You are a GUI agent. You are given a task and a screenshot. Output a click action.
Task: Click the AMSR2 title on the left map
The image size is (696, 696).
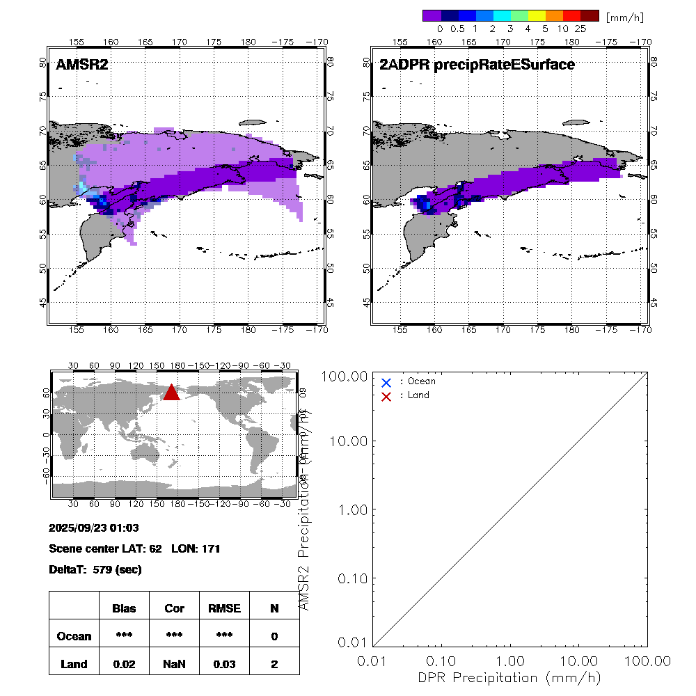tap(82, 65)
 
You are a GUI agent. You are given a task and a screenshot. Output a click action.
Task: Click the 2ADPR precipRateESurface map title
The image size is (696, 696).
tap(477, 65)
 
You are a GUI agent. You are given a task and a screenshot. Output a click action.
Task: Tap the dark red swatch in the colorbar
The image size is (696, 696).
tap(590, 15)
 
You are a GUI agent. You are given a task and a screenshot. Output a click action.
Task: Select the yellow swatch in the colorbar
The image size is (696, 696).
tap(535, 15)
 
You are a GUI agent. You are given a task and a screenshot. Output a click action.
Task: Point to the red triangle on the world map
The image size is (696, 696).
tap(171, 393)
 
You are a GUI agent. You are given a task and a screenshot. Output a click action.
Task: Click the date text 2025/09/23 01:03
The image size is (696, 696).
tap(94, 528)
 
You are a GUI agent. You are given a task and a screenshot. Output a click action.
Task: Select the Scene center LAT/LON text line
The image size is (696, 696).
tap(134, 549)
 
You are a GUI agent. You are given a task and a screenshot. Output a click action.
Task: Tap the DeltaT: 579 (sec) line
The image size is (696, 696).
tap(95, 570)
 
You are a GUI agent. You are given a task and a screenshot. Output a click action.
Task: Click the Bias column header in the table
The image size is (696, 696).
tap(124, 608)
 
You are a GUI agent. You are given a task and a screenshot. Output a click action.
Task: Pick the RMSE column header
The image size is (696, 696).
tap(224, 608)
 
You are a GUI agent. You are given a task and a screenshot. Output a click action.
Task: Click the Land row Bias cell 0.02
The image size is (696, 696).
tap(124, 664)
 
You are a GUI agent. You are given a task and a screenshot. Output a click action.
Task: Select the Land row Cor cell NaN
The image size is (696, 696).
tap(174, 664)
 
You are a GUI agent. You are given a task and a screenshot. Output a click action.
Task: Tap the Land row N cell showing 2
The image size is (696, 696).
tap(274, 664)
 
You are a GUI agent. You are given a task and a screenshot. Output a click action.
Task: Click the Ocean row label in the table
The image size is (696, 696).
tap(74, 636)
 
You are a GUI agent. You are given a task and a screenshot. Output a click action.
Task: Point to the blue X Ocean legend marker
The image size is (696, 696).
tap(386, 382)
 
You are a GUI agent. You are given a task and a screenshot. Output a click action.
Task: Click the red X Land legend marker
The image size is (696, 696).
tap(386, 396)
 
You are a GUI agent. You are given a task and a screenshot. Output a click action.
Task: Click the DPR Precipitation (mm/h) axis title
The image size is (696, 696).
tap(509, 677)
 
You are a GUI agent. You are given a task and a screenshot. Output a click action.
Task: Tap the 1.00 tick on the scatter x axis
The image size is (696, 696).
tap(511, 660)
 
